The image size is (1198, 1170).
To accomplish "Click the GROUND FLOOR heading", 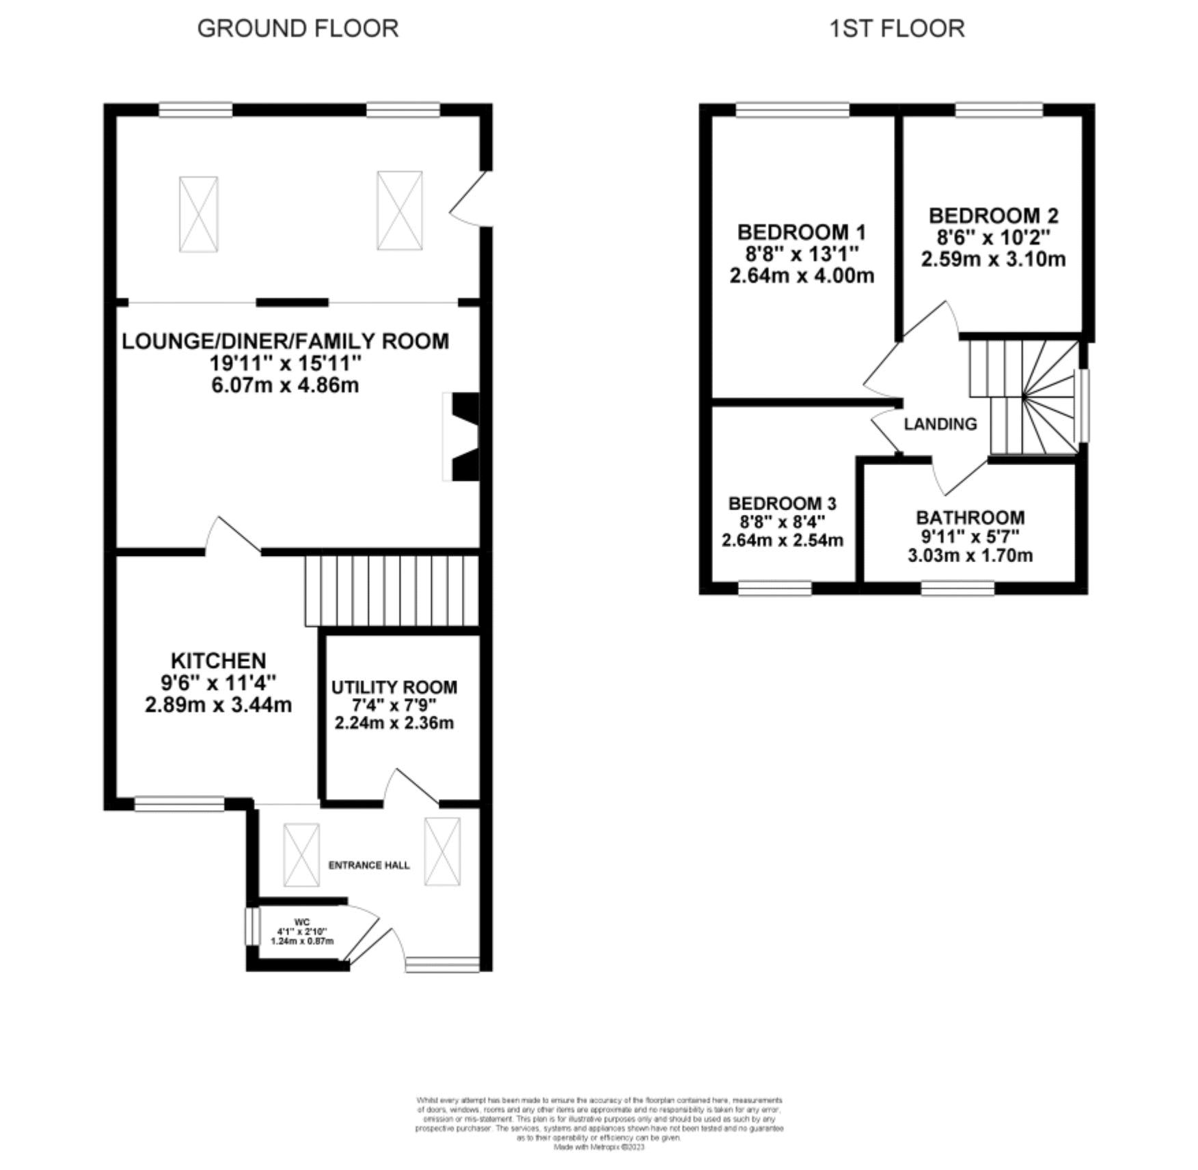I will pyautogui.click(x=297, y=29).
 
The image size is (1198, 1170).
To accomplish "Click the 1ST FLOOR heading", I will pyautogui.click(x=897, y=29).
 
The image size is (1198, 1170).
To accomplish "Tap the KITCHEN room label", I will pyautogui.click(x=218, y=660).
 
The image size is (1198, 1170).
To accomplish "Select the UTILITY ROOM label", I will pyautogui.click(x=394, y=687).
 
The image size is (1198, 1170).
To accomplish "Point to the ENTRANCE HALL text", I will pyautogui.click(x=369, y=865).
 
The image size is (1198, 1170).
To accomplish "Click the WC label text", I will pyautogui.click(x=302, y=922).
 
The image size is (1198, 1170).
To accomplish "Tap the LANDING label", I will pyautogui.click(x=940, y=424).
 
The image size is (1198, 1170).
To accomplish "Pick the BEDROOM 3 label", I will pyautogui.click(x=782, y=503).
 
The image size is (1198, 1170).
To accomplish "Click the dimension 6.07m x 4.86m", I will pyautogui.click(x=285, y=385).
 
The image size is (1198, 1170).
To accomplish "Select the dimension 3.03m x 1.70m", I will pyautogui.click(x=970, y=555).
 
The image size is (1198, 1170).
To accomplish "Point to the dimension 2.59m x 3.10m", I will pyautogui.click(x=993, y=260).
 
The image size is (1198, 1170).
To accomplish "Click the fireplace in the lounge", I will pyautogui.click(x=462, y=436).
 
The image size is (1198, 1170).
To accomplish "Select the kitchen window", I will pyautogui.click(x=179, y=804).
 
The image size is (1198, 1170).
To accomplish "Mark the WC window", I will pyautogui.click(x=251, y=926).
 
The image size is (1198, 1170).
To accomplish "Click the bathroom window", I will pyautogui.click(x=957, y=588).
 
